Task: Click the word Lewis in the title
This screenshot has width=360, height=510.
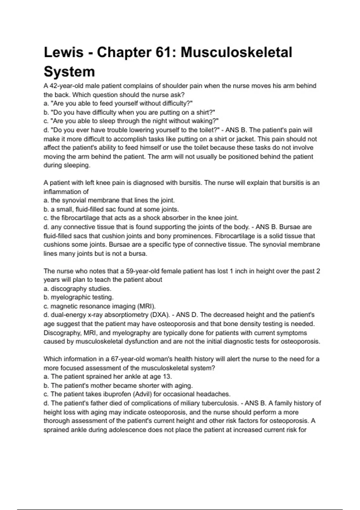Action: point(64,52)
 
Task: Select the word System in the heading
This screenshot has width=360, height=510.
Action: point(69,72)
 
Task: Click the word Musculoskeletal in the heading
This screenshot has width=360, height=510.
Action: point(236,52)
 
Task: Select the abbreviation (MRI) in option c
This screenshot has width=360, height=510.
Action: point(146,306)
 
